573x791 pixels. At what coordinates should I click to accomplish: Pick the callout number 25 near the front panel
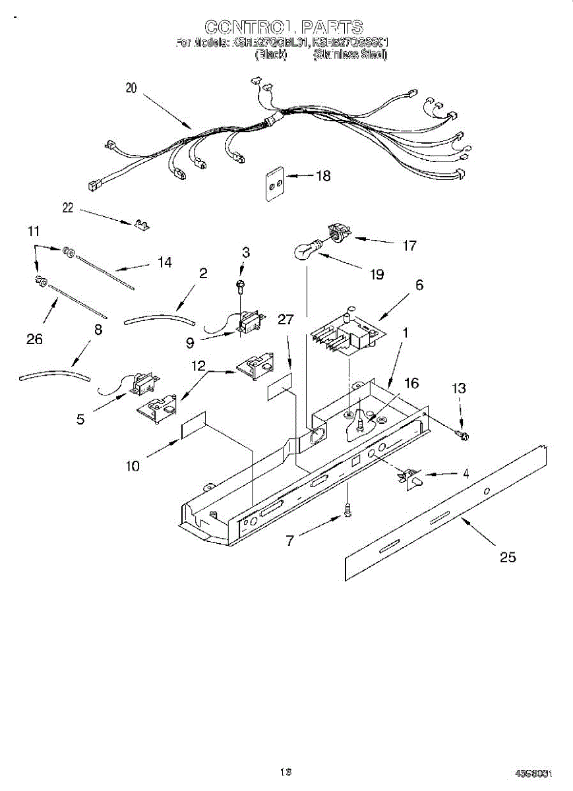point(507,558)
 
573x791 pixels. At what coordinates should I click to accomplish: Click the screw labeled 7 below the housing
point(347,510)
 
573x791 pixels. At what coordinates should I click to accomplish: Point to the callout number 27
point(286,320)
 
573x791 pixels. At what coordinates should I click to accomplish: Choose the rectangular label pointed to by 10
point(193,427)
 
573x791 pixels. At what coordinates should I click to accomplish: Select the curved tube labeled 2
point(160,320)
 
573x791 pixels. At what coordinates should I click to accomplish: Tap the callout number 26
point(34,339)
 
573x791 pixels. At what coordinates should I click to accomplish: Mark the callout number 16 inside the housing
point(411,383)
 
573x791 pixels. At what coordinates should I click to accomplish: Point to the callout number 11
point(34,231)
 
